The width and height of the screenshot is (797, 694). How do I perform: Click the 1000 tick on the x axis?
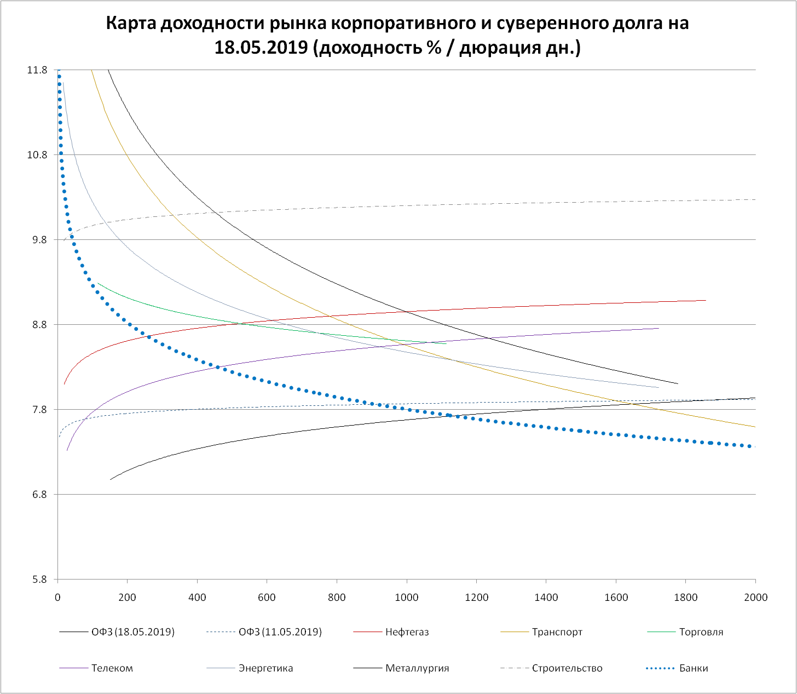pyautogui.click(x=407, y=598)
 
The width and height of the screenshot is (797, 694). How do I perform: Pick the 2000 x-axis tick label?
pyautogui.click(x=756, y=598)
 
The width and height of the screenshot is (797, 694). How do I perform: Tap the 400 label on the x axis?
pyautogui.click(x=197, y=598)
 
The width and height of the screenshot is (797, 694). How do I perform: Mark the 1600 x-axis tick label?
pyautogui.click(x=616, y=598)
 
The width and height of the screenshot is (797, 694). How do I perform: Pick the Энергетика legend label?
pyautogui.click(x=265, y=668)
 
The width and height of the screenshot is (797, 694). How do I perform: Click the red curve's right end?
pyautogui.click(x=705, y=300)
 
